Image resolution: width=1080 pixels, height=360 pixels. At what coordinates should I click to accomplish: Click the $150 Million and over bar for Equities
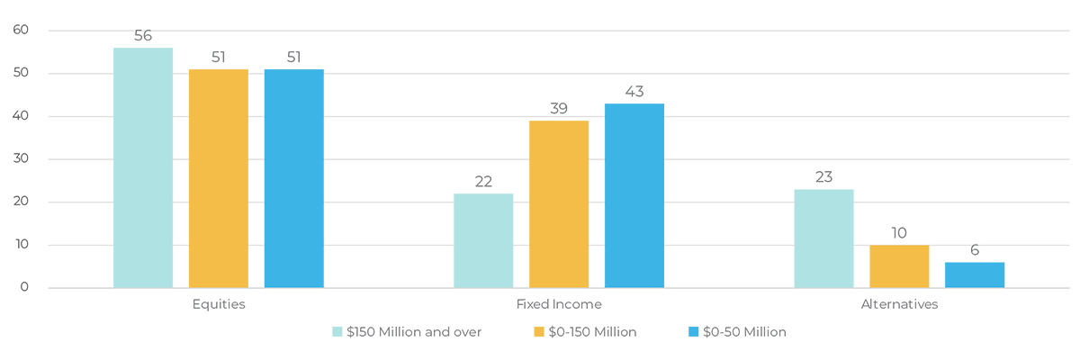(x=143, y=167)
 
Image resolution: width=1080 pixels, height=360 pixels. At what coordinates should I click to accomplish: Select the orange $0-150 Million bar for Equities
(x=219, y=178)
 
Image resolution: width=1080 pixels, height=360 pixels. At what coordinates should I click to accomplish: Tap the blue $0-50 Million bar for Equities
(x=294, y=178)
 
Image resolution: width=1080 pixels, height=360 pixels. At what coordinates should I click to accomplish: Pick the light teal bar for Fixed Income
(x=483, y=240)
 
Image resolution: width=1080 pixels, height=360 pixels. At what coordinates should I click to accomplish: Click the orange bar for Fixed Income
(x=559, y=204)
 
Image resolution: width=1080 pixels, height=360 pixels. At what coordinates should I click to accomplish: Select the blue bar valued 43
(x=634, y=195)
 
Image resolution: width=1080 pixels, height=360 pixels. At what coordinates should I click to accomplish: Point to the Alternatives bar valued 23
(x=823, y=238)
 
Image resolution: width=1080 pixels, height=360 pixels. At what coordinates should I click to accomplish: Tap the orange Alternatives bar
(x=899, y=266)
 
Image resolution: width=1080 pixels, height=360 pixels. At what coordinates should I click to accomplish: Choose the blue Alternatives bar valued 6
(x=975, y=274)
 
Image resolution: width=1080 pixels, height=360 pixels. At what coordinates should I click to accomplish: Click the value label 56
(x=143, y=36)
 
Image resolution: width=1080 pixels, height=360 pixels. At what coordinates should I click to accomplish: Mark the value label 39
(x=559, y=108)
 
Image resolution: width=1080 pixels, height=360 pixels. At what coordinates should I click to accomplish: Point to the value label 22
(x=483, y=182)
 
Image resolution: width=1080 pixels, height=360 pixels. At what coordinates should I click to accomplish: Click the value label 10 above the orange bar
(x=899, y=233)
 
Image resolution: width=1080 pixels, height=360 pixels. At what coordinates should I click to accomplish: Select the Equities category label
(x=219, y=304)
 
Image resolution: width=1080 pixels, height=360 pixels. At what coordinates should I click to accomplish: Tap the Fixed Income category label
(x=559, y=304)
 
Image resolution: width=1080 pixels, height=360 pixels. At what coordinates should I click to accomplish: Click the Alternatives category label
(x=899, y=304)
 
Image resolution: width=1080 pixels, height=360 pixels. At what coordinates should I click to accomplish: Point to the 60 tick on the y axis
(x=21, y=30)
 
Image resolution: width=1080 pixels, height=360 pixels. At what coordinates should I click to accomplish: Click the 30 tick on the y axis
(x=21, y=159)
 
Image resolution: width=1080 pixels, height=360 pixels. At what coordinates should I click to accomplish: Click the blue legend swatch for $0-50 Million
(x=693, y=332)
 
